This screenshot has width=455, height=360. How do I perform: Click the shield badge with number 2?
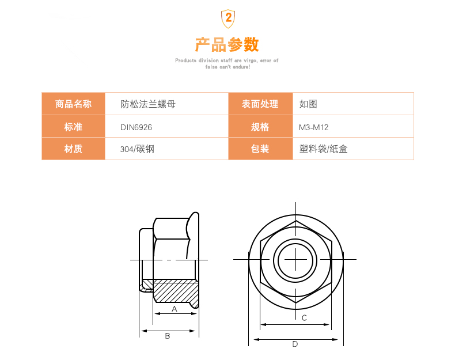[x=228, y=18]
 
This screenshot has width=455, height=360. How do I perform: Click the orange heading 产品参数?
[x=227, y=44]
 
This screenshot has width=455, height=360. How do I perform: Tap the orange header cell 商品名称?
[x=73, y=104]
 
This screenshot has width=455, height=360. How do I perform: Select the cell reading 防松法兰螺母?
[x=148, y=104]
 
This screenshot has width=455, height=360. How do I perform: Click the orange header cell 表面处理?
[x=260, y=104]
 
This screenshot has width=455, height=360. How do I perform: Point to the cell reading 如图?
[x=308, y=104]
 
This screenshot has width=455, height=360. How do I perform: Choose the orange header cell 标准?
[x=73, y=127]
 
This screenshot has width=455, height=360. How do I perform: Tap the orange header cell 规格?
[x=260, y=127]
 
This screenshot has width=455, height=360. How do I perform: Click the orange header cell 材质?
[x=73, y=149]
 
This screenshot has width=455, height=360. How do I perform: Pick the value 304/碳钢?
[x=137, y=149]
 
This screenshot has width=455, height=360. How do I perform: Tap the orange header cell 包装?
[x=260, y=149]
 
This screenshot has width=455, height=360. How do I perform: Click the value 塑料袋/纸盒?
[x=324, y=149]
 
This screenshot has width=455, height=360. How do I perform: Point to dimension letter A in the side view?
[x=175, y=309]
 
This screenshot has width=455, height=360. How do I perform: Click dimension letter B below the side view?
[x=168, y=336]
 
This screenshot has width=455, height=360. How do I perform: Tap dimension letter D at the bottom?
[x=295, y=344]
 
